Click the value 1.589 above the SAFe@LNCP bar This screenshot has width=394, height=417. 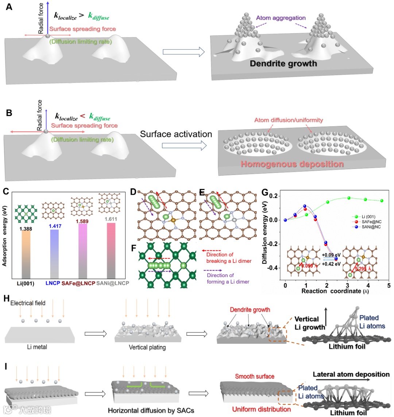pyautogui.click(x=83, y=221)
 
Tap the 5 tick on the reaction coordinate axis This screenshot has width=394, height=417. pyautogui.click(x=389, y=285)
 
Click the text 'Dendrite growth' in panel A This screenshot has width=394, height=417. pyautogui.click(x=283, y=64)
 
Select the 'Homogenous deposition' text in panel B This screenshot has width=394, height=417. pyautogui.click(x=292, y=164)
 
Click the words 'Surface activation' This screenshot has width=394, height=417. pyautogui.click(x=176, y=134)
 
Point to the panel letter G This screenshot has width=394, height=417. pyautogui.click(x=265, y=192)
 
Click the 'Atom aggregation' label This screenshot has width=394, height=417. pyautogui.click(x=281, y=18)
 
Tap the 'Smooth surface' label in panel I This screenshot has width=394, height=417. pyautogui.click(x=255, y=376)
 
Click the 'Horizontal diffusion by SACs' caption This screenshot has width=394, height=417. pyautogui.click(x=151, y=410)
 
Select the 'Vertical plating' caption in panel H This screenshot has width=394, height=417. pyautogui.click(x=147, y=347)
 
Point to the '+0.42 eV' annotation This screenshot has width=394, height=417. pyautogui.click(x=331, y=264)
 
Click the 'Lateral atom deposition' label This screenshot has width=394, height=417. pyautogui.click(x=351, y=374)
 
